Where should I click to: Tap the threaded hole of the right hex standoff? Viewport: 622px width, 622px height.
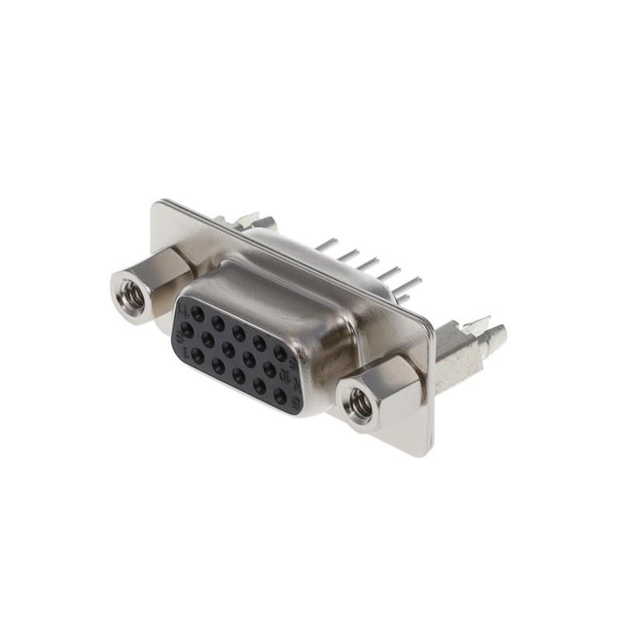click(x=360, y=404)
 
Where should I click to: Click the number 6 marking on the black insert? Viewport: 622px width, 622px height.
click(x=182, y=332)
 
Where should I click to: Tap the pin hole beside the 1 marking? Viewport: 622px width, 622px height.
click(x=198, y=356)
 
